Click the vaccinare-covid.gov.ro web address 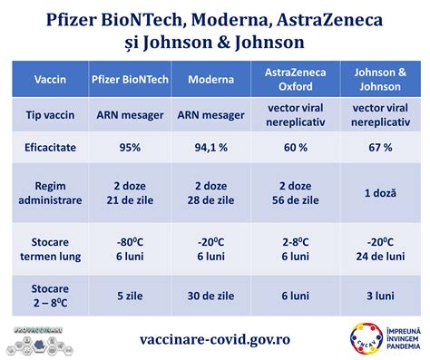(x=215, y=337)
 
